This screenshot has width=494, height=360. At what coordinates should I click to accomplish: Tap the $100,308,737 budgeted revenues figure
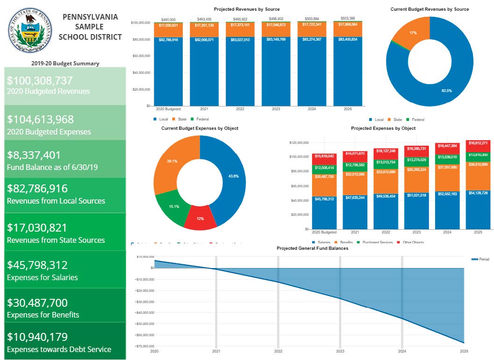40,80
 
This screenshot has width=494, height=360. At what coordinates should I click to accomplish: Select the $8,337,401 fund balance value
34,155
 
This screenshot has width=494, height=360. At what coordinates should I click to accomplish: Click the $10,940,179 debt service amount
37,337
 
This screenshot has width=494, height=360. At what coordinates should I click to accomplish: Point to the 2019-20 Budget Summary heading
65,64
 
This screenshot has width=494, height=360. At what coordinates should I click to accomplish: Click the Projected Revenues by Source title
247,9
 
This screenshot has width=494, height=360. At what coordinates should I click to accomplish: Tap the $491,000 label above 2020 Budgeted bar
168,19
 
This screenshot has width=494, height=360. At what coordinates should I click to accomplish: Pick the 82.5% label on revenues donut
446,91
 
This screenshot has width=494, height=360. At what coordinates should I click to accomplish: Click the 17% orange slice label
413,33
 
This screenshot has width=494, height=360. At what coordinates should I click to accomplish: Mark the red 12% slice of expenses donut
200,219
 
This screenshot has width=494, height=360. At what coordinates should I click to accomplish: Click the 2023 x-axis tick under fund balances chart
340,351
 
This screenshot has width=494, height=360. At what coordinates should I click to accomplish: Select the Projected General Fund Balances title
312,248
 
